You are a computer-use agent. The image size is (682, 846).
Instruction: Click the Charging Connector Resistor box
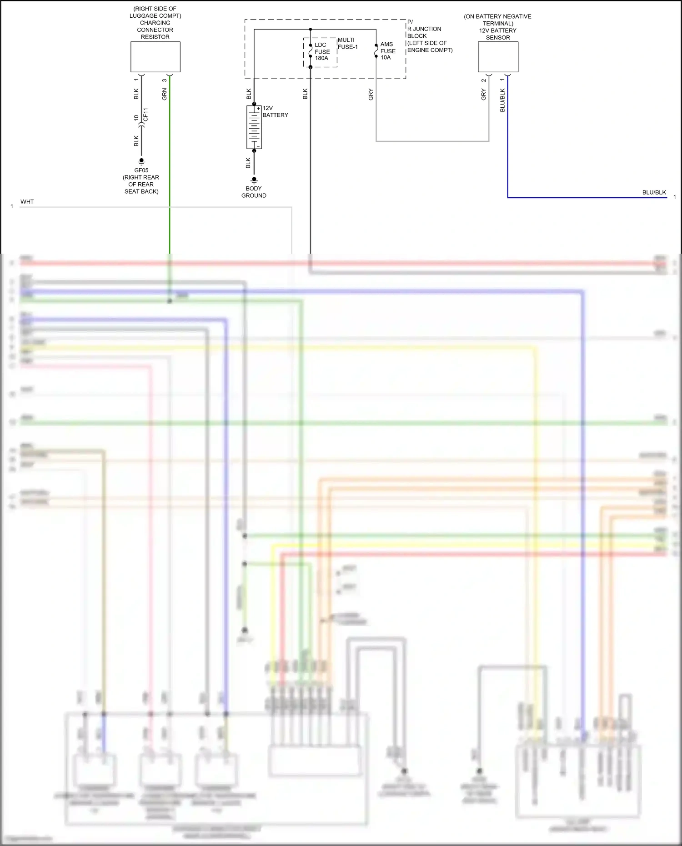tap(155, 57)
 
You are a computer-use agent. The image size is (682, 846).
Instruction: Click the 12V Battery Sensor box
tap(498, 57)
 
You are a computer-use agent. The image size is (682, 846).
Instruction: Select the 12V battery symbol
tap(254, 127)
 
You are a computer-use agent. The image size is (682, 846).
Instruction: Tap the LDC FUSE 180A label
tap(322, 51)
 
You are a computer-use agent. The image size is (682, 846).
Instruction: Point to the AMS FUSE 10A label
tap(387, 51)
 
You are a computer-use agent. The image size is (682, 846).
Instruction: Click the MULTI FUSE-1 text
tap(347, 43)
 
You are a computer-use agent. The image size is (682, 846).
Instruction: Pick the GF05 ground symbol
tap(141, 161)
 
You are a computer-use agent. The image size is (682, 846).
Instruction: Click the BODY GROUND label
tap(254, 192)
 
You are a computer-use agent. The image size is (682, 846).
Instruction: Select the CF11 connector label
tap(145, 115)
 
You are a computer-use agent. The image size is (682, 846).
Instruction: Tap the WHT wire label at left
tap(27, 201)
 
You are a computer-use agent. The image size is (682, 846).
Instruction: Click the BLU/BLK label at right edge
tap(654, 192)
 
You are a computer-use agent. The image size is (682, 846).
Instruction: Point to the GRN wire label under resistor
tap(164, 94)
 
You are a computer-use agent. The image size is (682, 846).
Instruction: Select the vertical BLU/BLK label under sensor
tap(502, 100)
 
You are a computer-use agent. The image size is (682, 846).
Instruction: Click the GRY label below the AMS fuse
tap(371, 94)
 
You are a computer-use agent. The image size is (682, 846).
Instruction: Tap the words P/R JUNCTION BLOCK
tap(424, 32)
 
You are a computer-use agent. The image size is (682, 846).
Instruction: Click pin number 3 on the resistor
tap(164, 80)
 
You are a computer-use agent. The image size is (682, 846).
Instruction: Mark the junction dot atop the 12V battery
tap(254, 104)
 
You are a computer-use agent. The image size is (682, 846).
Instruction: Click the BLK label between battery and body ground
tap(248, 163)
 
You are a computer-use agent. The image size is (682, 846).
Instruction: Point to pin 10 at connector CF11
tap(136, 117)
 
